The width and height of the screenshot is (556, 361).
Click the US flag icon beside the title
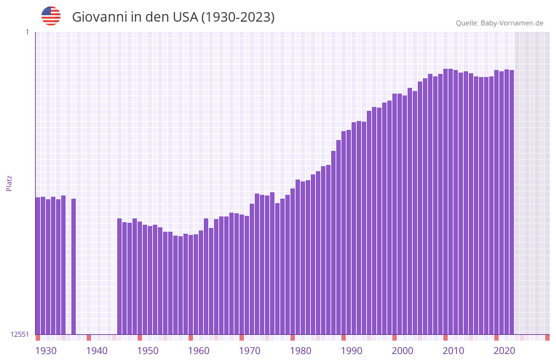pos(51,16)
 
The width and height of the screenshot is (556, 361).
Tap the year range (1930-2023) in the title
pos(238,17)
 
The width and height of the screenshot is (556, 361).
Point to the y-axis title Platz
pos(9,183)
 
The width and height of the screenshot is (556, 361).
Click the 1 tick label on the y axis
pos(27,32)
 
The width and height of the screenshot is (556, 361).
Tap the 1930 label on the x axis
pos(46,350)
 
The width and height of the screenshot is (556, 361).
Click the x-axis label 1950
pos(148,350)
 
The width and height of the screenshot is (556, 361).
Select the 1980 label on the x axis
pos(301,350)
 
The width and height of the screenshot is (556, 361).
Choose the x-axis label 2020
pos(504,350)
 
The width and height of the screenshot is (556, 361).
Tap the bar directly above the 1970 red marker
pos(242,274)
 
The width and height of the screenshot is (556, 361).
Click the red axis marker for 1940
pos(89,337)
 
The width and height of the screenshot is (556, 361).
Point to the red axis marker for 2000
pos(395,337)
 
